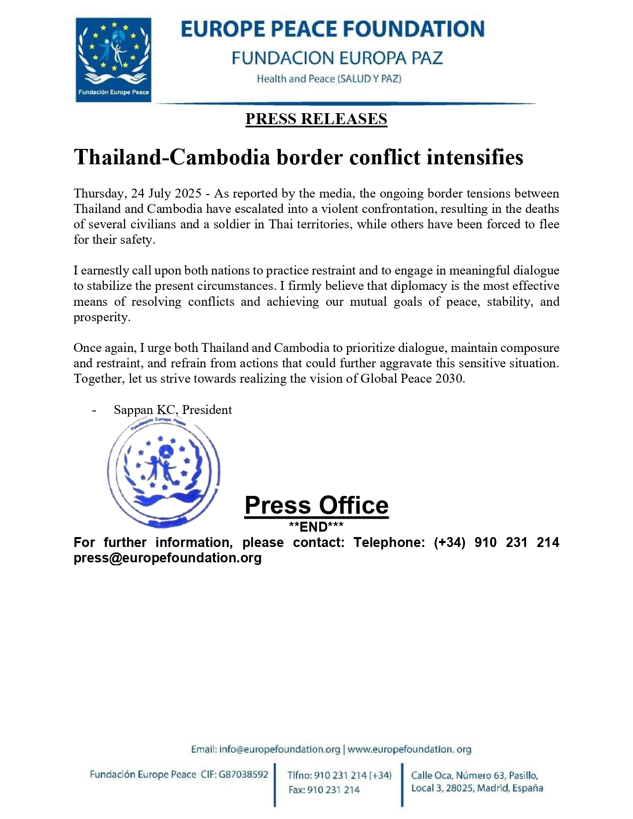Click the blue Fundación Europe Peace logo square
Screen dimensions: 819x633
(113, 60)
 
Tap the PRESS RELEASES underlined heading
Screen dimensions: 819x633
(316, 119)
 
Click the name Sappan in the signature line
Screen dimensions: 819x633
(133, 410)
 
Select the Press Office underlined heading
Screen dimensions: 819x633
(316, 506)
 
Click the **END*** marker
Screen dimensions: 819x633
(316, 527)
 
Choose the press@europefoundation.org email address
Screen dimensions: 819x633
(167, 558)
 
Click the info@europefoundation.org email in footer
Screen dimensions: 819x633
(280, 750)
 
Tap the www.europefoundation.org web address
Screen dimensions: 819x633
(409, 750)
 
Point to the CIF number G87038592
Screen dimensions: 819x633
(243, 774)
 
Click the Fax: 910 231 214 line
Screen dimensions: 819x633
(324, 790)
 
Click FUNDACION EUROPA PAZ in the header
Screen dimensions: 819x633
(337, 58)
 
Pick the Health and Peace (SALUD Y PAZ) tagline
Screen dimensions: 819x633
(329, 79)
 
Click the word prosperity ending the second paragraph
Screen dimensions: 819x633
(101, 317)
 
